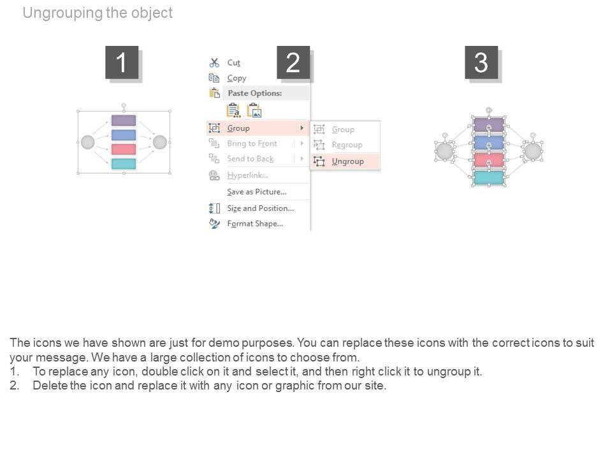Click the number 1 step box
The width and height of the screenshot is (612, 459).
122,62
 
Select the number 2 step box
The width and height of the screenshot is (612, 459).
293,62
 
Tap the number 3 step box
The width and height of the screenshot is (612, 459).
481,62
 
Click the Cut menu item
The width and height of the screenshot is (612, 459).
233,62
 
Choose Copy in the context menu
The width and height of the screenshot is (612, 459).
237,78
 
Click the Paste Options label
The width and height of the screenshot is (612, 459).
255,93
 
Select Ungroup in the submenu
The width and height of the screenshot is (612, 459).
348,161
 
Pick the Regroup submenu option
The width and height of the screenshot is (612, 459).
347,145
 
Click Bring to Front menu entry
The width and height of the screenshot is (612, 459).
252,143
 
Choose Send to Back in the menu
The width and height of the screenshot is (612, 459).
250,159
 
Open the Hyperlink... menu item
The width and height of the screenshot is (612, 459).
247,175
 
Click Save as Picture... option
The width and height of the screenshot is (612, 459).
256,192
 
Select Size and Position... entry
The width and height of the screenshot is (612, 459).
260,208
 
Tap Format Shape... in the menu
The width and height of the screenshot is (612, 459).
255,224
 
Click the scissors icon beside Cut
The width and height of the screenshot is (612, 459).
214,62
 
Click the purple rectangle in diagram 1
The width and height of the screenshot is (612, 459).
124,120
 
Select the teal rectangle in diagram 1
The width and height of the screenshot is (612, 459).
124,164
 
